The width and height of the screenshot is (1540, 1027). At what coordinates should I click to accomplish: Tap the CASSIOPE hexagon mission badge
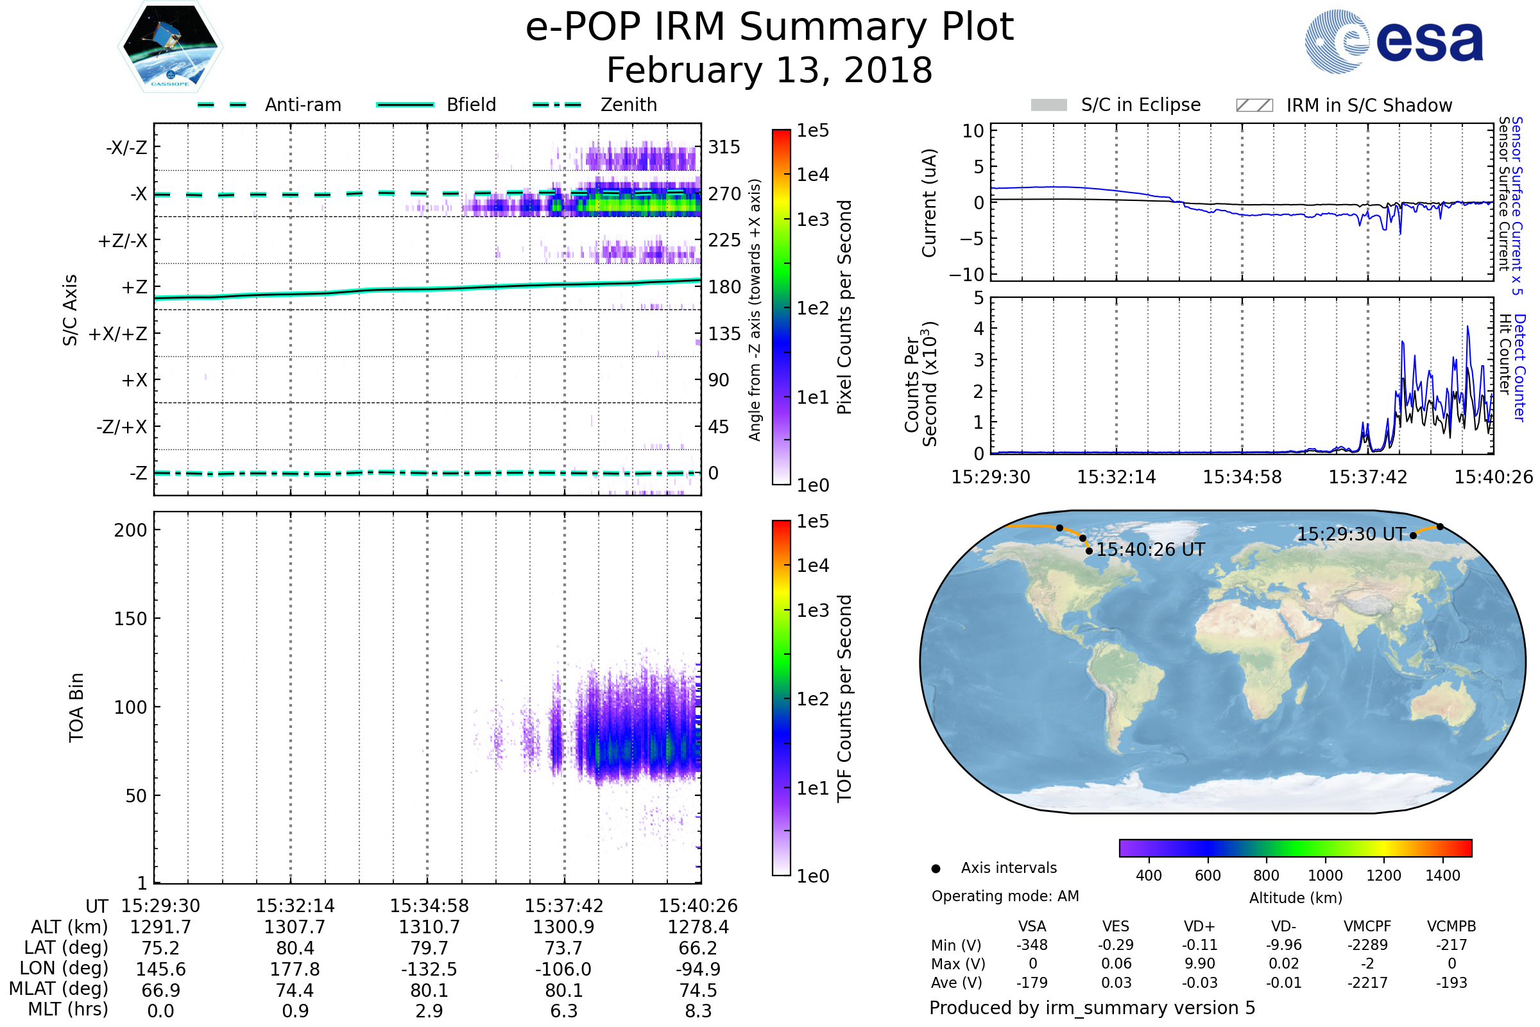tap(170, 46)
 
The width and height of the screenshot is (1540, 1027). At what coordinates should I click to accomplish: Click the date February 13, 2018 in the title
tap(769, 71)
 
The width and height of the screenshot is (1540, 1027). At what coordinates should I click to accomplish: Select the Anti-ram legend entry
tap(302, 105)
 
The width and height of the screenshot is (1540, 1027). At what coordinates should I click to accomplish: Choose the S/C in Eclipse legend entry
tap(1140, 105)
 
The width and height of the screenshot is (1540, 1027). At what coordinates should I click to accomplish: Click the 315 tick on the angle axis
tap(724, 148)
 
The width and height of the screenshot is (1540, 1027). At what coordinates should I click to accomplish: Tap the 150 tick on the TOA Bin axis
tap(130, 619)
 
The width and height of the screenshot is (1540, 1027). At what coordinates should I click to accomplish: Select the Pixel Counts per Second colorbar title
tap(844, 307)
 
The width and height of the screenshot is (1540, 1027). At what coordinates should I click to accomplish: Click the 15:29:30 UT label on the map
tap(1351, 535)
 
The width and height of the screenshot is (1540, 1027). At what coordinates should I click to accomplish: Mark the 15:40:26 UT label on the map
tap(1151, 550)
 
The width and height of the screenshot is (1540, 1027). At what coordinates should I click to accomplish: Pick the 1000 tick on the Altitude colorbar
tap(1324, 876)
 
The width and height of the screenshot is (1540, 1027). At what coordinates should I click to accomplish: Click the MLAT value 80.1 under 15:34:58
tap(429, 990)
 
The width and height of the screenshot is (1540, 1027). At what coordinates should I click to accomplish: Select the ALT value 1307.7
tap(295, 928)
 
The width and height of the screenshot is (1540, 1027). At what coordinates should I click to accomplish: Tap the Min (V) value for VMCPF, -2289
tap(1367, 945)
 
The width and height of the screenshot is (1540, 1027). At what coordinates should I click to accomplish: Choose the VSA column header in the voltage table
tap(1032, 926)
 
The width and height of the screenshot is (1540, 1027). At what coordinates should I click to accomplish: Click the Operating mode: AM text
tap(1005, 896)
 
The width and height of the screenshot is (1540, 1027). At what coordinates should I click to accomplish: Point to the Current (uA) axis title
tap(929, 203)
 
